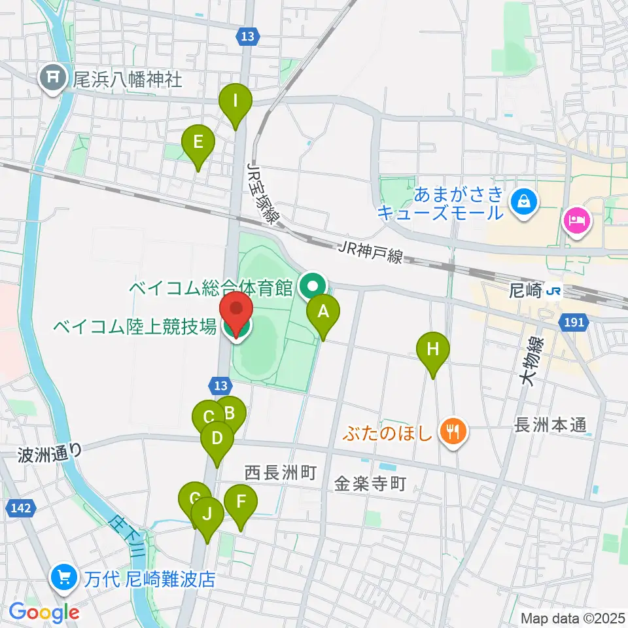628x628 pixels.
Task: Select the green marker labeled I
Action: click(x=235, y=102)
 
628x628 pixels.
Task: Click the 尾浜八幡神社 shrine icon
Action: click(x=53, y=80)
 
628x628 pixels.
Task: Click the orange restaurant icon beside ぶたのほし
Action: click(x=452, y=432)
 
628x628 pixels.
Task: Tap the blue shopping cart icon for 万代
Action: click(x=65, y=578)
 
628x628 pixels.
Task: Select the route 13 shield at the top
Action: click(x=246, y=38)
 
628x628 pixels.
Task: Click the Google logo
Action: click(x=44, y=612)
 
